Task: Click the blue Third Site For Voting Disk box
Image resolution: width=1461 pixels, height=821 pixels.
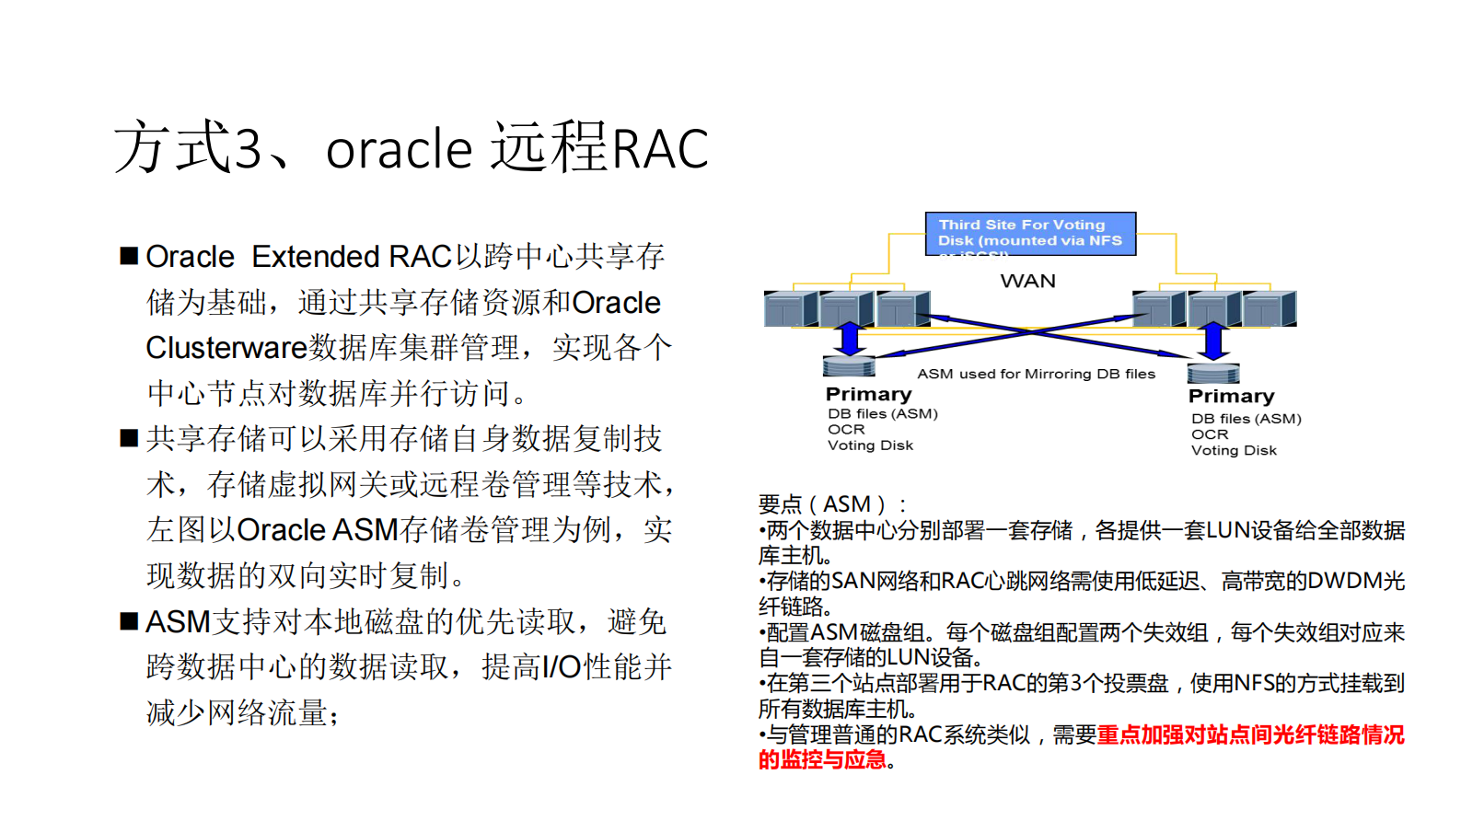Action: point(1030,234)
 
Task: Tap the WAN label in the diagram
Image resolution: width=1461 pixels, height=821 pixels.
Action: point(1028,281)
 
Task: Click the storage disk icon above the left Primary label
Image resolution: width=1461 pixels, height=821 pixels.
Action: point(849,366)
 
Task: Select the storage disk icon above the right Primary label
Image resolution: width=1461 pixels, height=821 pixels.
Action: point(1213,373)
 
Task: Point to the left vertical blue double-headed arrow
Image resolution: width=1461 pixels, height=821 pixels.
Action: point(850,339)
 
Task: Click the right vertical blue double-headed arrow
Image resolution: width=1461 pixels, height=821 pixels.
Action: point(1213,341)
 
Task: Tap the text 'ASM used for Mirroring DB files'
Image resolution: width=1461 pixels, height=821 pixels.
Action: point(1037,374)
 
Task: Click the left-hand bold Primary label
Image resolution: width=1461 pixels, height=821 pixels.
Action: point(869,395)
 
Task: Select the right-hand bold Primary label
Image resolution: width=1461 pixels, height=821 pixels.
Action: point(1232,397)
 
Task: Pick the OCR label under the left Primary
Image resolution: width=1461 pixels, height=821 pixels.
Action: point(846,430)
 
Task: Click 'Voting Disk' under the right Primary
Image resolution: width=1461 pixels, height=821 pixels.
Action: point(1234,451)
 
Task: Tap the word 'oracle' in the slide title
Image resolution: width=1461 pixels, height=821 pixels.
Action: point(399,149)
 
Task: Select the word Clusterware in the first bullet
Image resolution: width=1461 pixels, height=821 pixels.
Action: point(226,348)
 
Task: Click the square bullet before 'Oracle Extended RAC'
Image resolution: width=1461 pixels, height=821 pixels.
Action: point(129,256)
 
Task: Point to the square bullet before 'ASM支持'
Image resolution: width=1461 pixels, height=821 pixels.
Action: point(129,621)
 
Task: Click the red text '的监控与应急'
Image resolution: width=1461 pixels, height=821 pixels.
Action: point(822,759)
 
